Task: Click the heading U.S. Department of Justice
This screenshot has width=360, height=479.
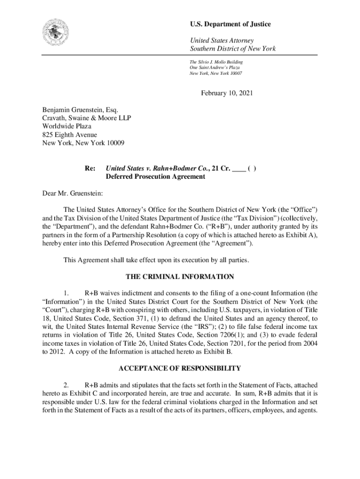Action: pos(230,24)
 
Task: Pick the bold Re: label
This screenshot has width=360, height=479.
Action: pos(90,168)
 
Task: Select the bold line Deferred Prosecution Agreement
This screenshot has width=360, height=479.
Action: pos(155,177)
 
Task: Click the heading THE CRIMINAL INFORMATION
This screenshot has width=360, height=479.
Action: pos(180,277)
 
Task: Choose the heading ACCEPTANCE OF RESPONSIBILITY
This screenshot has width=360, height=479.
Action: pos(180,368)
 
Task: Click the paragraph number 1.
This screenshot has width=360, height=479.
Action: pos(66,292)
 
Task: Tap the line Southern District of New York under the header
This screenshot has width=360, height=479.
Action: pos(232,49)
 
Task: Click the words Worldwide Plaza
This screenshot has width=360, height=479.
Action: pos(67,126)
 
